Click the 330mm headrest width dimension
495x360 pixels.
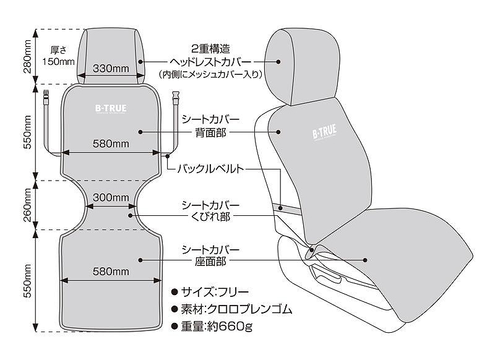(111, 68)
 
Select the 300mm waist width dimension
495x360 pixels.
(111, 198)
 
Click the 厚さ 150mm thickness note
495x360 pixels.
(58, 56)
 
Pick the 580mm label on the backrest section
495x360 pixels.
(111, 144)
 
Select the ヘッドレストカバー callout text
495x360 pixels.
(210, 62)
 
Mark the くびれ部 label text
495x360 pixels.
(210, 216)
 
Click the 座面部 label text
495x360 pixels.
(210, 262)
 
